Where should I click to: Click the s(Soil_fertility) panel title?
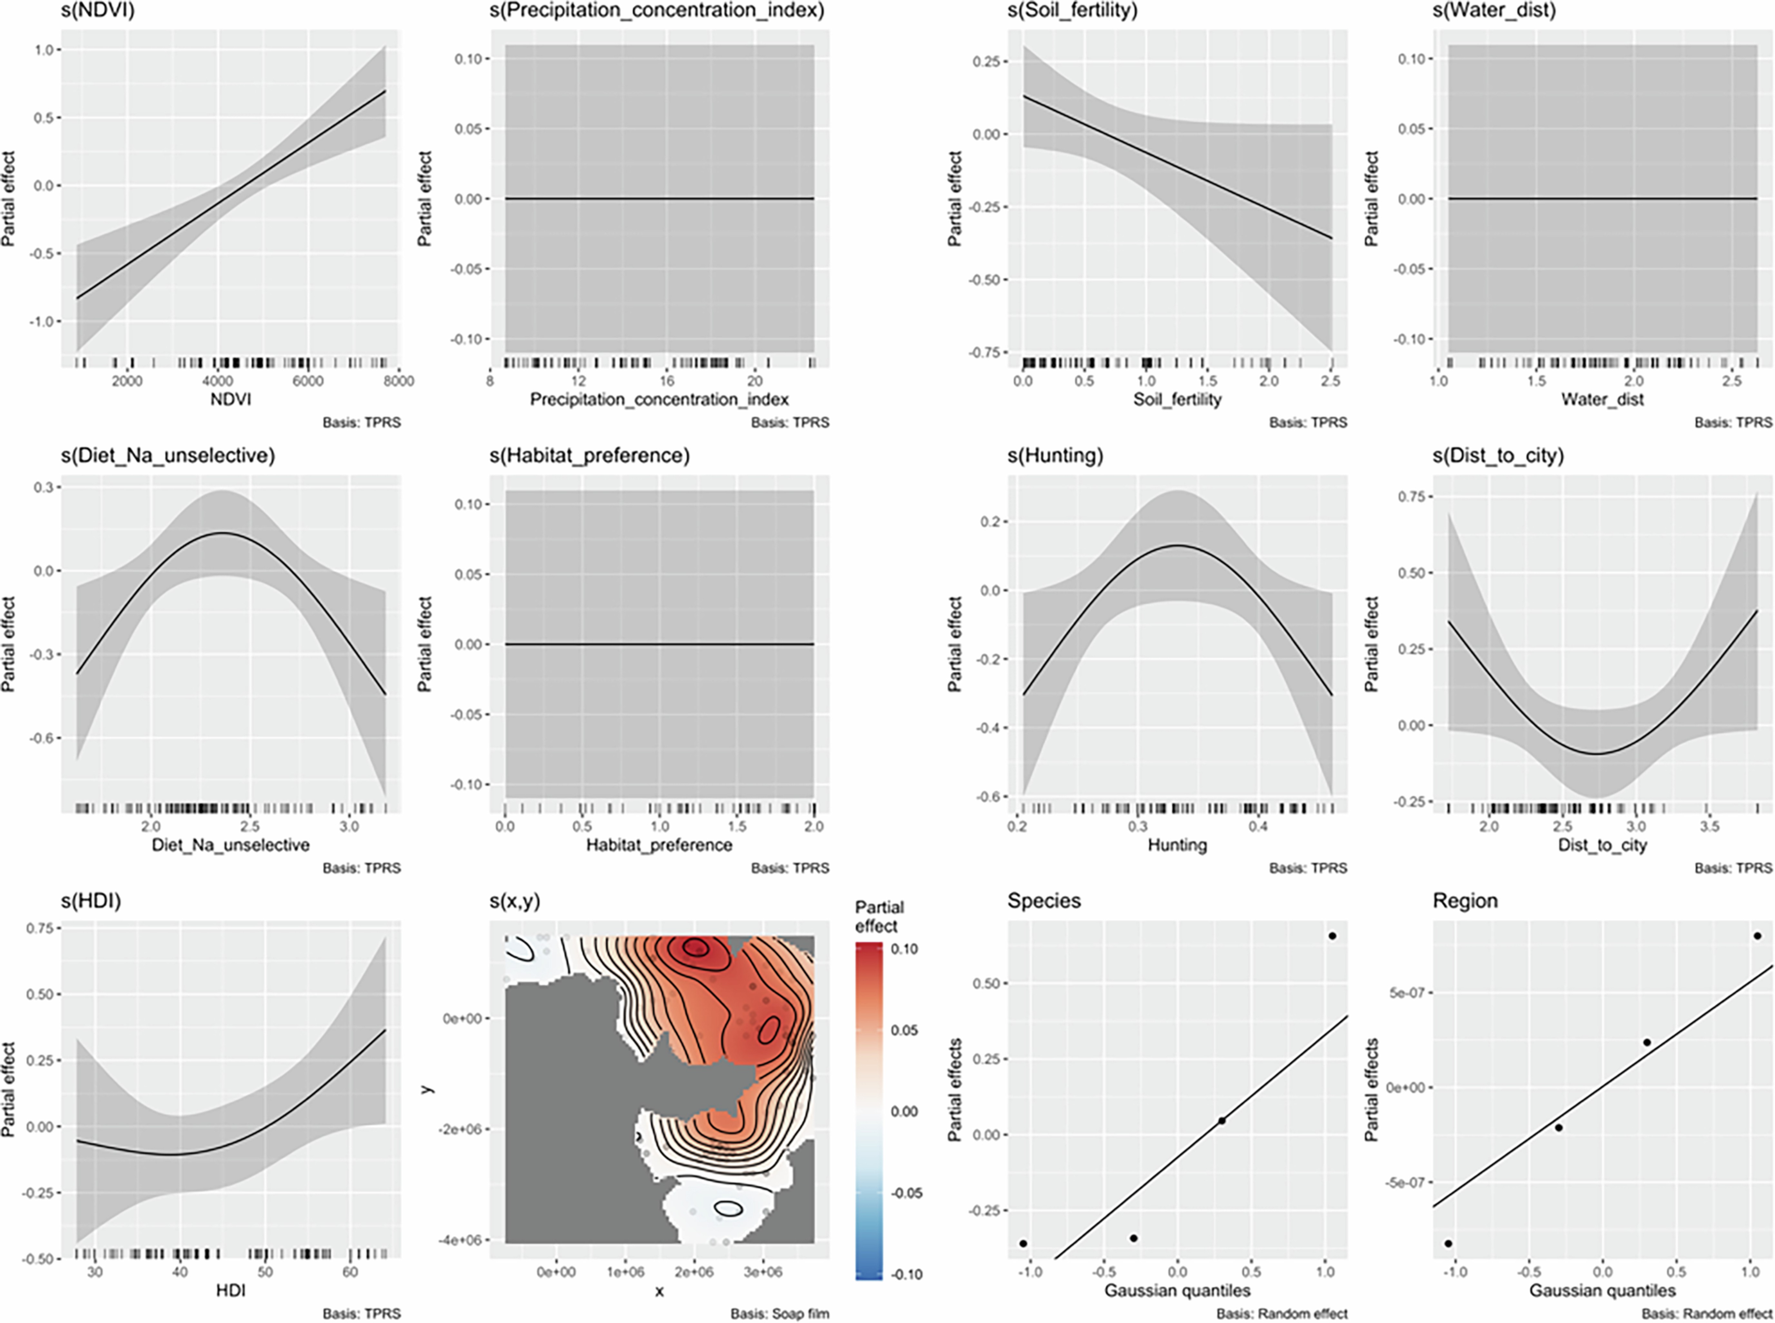(x=1072, y=10)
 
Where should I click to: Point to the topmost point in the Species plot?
(x=1332, y=935)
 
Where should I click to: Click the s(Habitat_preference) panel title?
(x=590, y=456)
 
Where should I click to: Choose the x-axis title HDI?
(x=231, y=1290)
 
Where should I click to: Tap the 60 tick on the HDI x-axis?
(x=350, y=1272)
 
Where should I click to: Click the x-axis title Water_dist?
(x=1602, y=399)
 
